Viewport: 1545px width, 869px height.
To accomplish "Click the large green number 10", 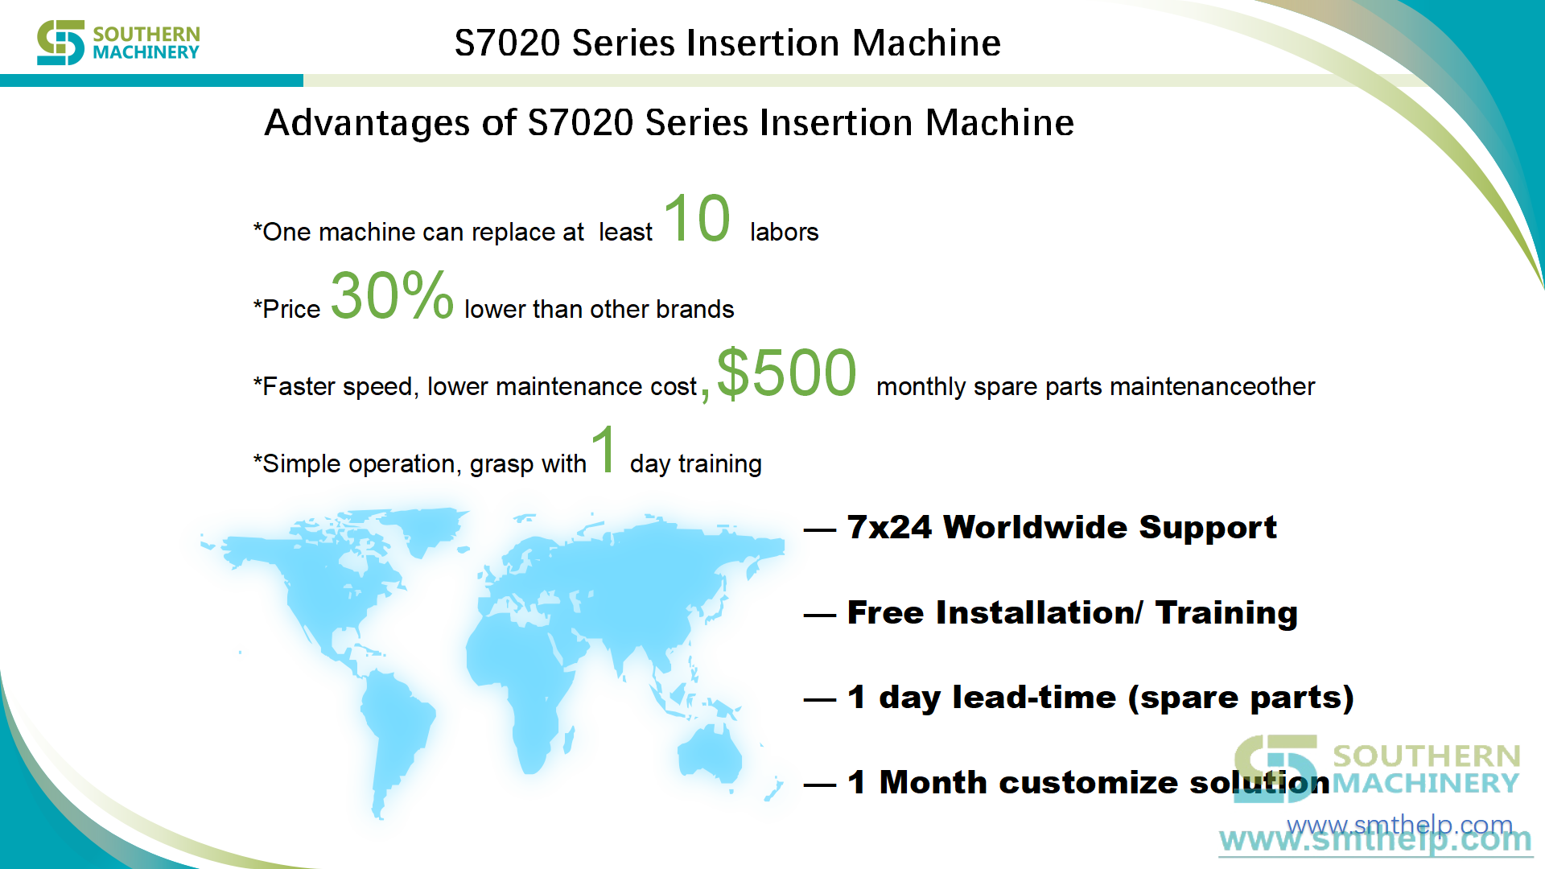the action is [697, 218].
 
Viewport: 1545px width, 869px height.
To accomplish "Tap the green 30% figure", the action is [392, 294].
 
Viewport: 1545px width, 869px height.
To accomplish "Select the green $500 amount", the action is [786, 373].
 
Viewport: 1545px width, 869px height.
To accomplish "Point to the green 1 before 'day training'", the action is [604, 448].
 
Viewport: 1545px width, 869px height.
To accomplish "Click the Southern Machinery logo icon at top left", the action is [60, 43].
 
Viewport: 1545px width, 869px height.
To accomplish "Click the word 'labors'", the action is [784, 232].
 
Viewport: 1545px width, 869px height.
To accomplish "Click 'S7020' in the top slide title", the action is [507, 43].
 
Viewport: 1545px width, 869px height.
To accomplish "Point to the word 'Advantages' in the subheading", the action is [367, 123].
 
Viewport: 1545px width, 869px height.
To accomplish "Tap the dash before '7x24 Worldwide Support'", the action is [820, 529].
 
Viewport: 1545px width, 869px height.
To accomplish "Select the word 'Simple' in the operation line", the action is [302, 463].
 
